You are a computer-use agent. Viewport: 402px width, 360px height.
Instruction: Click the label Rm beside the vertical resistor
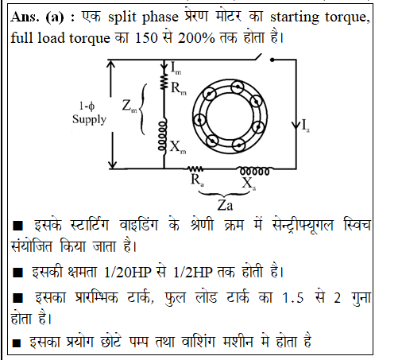click(179, 88)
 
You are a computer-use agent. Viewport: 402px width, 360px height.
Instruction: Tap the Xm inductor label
click(178, 147)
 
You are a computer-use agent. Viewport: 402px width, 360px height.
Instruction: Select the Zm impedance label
click(129, 106)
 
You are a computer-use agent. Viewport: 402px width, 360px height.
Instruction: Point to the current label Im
click(176, 68)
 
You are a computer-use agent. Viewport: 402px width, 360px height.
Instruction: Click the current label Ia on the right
click(306, 125)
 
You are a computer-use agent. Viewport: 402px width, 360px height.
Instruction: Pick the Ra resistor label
click(197, 180)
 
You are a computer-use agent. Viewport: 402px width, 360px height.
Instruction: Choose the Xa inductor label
click(249, 184)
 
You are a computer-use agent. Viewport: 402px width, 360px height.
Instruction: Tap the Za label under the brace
click(225, 205)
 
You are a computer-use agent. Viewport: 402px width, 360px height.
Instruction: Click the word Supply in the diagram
click(89, 120)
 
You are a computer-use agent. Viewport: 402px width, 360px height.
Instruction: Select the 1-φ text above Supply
click(87, 106)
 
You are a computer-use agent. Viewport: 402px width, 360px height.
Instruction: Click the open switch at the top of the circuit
click(265, 58)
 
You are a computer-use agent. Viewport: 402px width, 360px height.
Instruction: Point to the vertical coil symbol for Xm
click(163, 137)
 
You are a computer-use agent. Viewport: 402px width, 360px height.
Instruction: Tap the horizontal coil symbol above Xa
click(255, 171)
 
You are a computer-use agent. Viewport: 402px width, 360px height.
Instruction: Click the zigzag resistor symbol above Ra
click(195, 168)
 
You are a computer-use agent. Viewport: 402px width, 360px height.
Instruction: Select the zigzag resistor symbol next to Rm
click(164, 82)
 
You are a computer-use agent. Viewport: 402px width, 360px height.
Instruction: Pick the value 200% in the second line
click(196, 38)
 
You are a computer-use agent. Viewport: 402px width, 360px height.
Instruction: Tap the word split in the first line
click(122, 17)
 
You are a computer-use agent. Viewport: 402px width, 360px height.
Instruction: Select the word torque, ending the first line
click(347, 17)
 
